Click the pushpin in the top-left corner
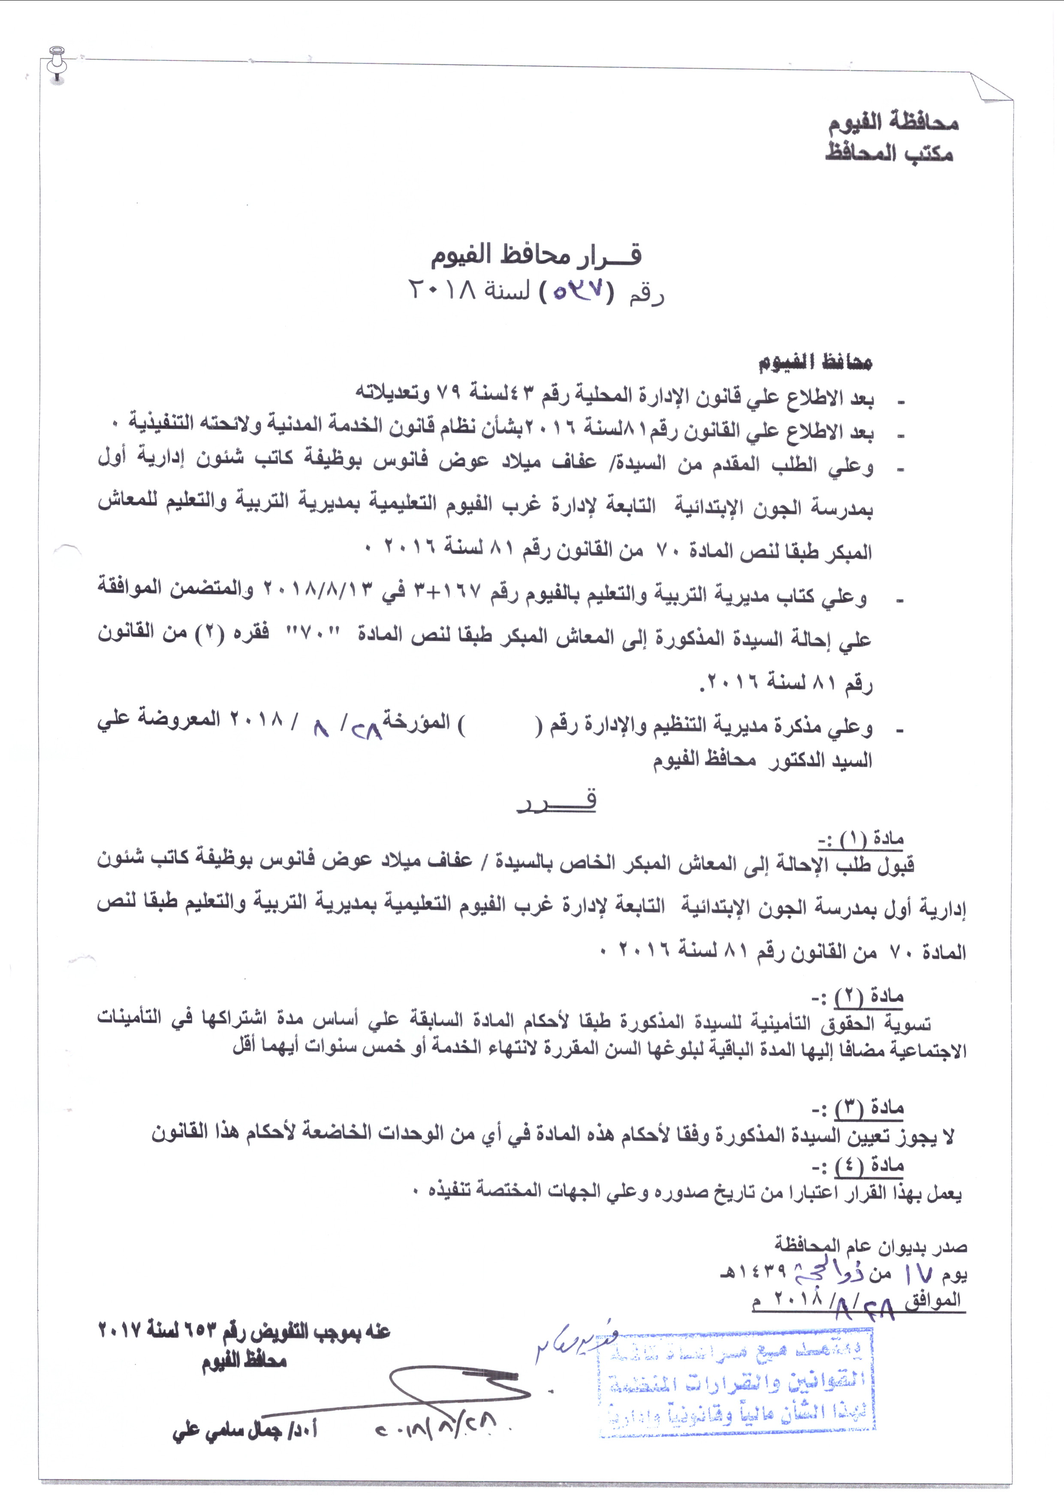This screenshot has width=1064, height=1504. click(x=57, y=62)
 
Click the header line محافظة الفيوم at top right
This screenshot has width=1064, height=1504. click(x=893, y=122)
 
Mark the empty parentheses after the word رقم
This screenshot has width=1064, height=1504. click(x=500, y=726)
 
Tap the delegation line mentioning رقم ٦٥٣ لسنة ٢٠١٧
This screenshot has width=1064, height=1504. click(x=244, y=1332)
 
